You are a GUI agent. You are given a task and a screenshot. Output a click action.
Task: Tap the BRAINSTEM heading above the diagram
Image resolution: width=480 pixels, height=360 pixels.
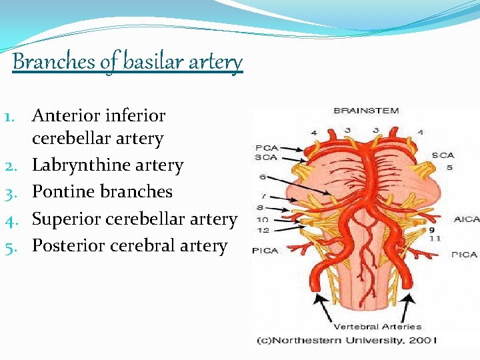(x=366, y=110)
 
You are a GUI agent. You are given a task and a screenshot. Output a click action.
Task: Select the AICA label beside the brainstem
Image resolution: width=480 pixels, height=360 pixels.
(x=466, y=219)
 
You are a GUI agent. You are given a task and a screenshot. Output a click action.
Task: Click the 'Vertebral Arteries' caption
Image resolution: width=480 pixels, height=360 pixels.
(x=377, y=327)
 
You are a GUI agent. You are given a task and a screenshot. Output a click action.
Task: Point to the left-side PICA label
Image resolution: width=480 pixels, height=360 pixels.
(x=265, y=251)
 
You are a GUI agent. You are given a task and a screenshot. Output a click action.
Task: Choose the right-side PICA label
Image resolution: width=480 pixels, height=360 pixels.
(x=464, y=254)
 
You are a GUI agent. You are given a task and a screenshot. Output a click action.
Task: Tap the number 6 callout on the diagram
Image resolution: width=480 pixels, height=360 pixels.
(x=264, y=177)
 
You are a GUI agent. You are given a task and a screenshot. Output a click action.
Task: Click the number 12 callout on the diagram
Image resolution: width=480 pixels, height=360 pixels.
(x=263, y=230)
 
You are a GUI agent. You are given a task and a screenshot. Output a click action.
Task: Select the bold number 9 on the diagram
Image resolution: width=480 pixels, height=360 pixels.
(x=432, y=230)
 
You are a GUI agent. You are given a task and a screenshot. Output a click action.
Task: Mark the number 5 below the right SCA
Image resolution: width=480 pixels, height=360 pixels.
(x=450, y=167)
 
